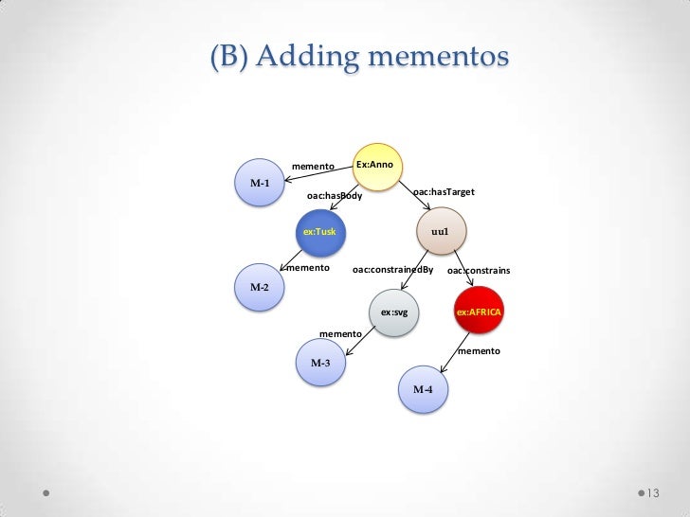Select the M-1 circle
(260, 183)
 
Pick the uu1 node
(440, 231)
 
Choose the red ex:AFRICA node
(479, 311)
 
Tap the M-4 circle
(423, 390)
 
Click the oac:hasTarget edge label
(445, 192)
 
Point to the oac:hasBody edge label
(335, 196)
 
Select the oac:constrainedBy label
(392, 270)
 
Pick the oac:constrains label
(479, 271)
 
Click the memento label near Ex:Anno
(314, 167)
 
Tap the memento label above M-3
(340, 334)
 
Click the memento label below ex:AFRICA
(479, 351)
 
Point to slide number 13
(652, 494)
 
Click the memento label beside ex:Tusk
(308, 268)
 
